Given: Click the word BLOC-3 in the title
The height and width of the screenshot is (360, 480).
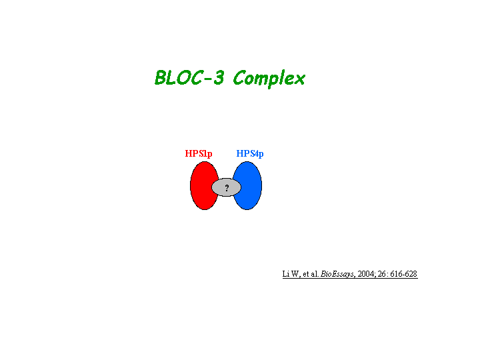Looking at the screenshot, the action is [x=189, y=77].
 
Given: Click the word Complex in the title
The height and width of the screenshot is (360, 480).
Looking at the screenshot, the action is [x=269, y=79].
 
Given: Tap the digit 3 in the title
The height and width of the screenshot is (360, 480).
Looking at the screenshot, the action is [x=219, y=77].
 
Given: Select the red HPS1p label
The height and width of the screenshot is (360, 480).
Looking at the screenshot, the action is [x=199, y=153].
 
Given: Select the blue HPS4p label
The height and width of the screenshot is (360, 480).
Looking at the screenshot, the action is [x=250, y=153].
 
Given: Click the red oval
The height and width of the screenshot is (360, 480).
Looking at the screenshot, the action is [x=201, y=185].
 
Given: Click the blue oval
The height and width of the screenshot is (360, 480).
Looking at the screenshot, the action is [x=251, y=185].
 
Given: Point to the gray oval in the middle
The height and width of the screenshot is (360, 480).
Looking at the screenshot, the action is [x=226, y=187].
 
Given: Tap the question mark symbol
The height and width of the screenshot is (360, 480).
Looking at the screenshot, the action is [x=227, y=187].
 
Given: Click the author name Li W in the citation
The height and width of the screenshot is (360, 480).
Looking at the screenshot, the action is [x=291, y=274].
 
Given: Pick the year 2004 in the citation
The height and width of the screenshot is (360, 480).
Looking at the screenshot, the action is [x=366, y=274].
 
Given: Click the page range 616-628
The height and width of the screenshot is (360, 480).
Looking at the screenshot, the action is [x=404, y=274].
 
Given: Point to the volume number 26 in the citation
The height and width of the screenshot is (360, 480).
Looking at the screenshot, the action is [x=381, y=274].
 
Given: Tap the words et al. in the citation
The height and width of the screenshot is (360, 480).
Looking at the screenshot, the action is [x=311, y=274].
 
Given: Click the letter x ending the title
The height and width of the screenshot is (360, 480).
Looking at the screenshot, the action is [x=299, y=79].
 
